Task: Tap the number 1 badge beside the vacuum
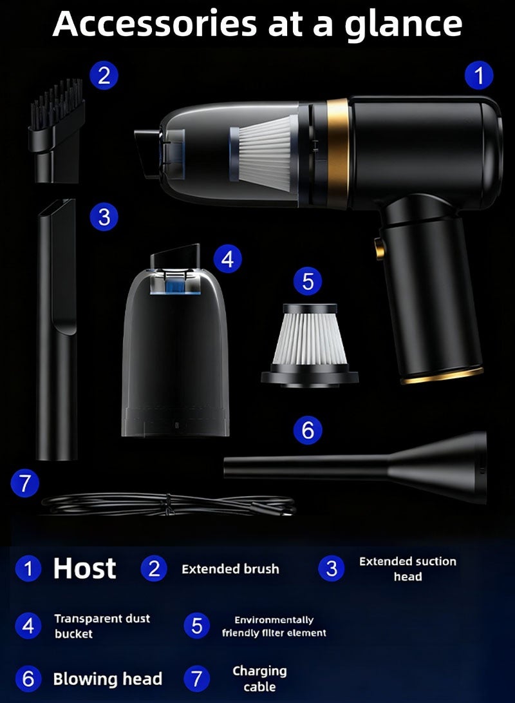[x=479, y=75]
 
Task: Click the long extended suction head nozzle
[x=57, y=329]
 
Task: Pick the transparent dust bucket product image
[x=175, y=341]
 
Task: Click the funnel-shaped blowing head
[x=355, y=467]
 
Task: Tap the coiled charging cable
[x=169, y=504]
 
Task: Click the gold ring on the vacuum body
[x=338, y=153]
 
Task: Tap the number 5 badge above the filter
[x=308, y=281]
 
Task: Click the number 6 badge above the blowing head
[x=308, y=430]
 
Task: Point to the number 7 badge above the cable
[x=25, y=483]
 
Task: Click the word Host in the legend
[x=84, y=568]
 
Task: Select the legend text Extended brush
[x=230, y=569]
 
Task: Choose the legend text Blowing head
[x=108, y=679]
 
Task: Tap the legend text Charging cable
[x=259, y=679]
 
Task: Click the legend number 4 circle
[x=28, y=626]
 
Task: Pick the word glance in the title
[x=403, y=25]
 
